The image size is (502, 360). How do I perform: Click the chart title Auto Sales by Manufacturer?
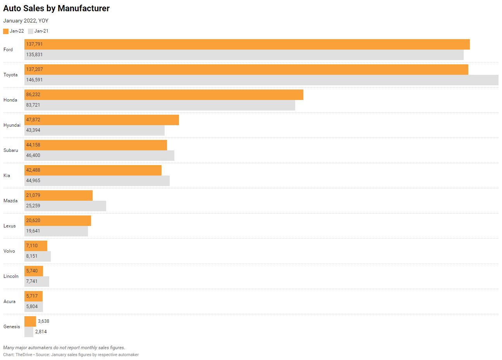56,9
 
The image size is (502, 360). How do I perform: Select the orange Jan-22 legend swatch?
6,31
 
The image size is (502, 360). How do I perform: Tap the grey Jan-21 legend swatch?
31,31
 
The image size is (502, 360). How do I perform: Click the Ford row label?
8,50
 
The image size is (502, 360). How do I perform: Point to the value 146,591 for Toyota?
34,80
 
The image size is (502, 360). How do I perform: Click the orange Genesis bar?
30,321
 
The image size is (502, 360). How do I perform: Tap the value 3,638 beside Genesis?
43,321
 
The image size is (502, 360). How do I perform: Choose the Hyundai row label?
12,125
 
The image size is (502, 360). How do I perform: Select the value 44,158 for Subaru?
33,145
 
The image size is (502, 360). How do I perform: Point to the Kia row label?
7,176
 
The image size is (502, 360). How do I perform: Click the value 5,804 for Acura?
32,307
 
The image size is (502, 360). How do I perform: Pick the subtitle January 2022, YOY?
26,21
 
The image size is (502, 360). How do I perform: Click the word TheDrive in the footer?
24,355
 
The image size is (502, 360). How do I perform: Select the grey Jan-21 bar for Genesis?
29,332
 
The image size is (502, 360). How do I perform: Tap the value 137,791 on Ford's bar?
34,44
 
